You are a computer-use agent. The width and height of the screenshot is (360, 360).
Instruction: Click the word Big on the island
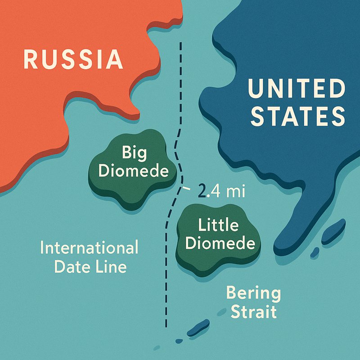pos(134,154)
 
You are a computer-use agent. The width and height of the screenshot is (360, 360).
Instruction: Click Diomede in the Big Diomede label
pos(134,171)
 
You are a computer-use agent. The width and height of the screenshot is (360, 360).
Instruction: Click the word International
pos(89,248)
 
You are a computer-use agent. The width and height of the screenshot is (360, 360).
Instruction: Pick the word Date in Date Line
pos(72,267)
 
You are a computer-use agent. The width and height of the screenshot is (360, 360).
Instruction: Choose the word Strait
pos(253,311)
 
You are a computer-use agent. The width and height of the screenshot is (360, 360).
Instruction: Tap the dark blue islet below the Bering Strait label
pos(198,328)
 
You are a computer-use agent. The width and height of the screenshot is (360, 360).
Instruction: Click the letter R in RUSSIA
pos(31,59)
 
